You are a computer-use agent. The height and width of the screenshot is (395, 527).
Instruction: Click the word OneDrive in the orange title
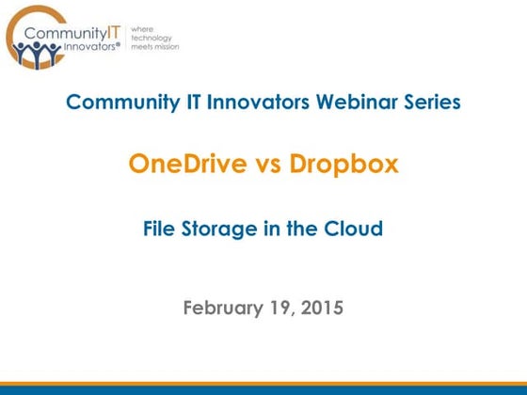(187, 165)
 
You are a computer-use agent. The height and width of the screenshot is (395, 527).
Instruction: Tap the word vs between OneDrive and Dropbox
(268, 166)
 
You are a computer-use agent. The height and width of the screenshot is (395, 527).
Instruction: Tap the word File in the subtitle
(163, 228)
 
